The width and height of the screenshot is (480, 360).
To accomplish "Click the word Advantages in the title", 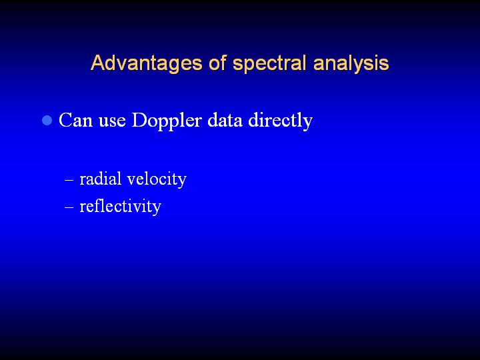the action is pos(146,64).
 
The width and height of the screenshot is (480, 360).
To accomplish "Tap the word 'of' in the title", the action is pos(217,63).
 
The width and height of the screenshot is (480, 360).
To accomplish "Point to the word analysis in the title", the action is pos(351,64).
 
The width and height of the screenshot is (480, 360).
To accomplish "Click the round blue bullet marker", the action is pos(47,120).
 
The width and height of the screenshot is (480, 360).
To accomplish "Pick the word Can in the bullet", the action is pos(75,120).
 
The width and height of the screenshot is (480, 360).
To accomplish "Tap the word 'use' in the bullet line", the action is pos(112,121).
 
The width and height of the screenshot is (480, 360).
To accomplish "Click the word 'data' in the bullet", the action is pos(225,120).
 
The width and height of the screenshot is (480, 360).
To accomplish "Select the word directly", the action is pos(281,121).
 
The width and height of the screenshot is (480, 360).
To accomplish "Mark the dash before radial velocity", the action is pos(69,180).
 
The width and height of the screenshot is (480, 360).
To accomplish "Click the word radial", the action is pos(101,179).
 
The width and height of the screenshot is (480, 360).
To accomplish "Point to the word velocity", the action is pos(157,179).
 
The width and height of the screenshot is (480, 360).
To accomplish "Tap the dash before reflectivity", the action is pos(69,207).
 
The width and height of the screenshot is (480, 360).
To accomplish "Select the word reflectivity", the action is pos(120,207).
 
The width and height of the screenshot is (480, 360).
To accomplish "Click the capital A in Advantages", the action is pos(97,63).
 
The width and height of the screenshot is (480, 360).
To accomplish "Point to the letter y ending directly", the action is pos(307,124).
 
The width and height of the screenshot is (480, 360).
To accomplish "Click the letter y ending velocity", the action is pos(181,182).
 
